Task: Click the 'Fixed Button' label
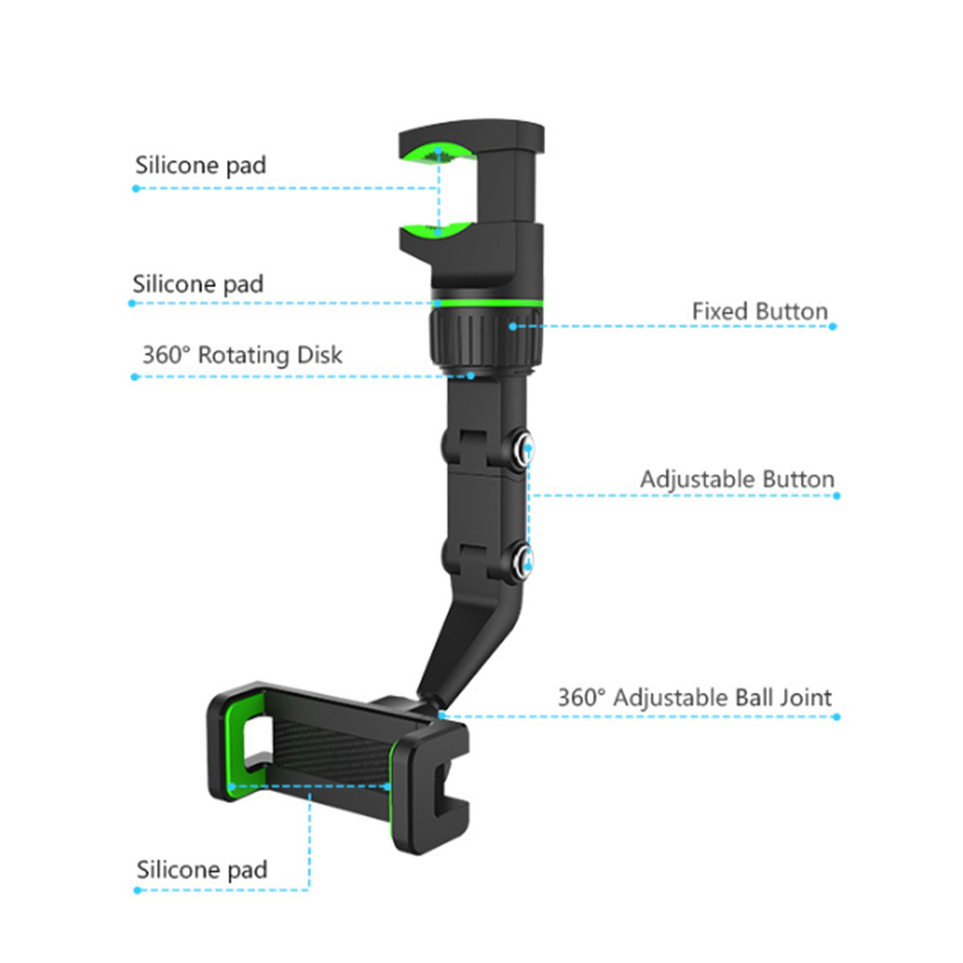(760, 312)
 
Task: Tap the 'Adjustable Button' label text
(737, 480)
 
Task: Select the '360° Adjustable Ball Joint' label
(695, 698)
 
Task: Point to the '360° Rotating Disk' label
(242, 355)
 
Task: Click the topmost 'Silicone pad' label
(200, 166)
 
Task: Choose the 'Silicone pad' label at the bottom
(202, 870)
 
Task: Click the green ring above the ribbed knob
(488, 303)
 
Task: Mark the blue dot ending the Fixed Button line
(832, 326)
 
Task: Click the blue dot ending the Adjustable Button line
(837, 495)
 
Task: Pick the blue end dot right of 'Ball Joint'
(837, 716)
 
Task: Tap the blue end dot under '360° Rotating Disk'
(135, 377)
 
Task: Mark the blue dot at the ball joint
(442, 715)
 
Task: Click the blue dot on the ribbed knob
(513, 326)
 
